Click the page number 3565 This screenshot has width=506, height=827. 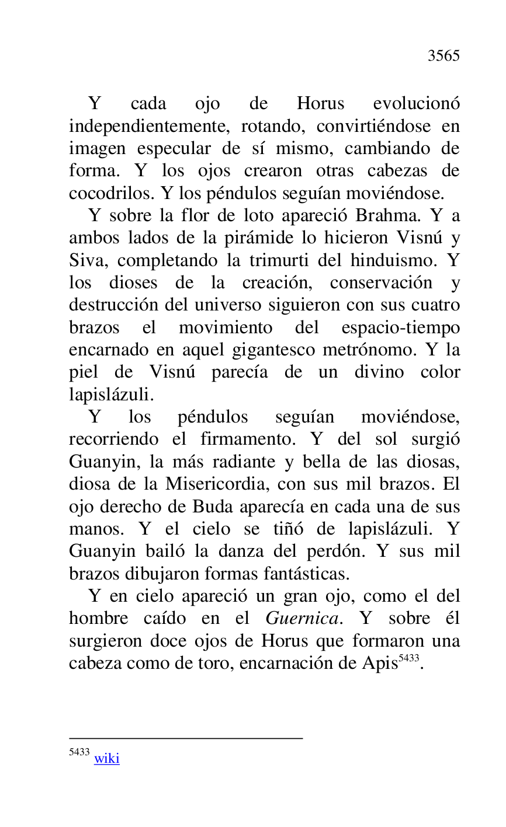click(x=443, y=56)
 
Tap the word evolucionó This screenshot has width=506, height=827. click(x=416, y=104)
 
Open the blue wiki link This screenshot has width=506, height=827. click(x=107, y=759)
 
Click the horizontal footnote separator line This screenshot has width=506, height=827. click(x=186, y=738)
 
